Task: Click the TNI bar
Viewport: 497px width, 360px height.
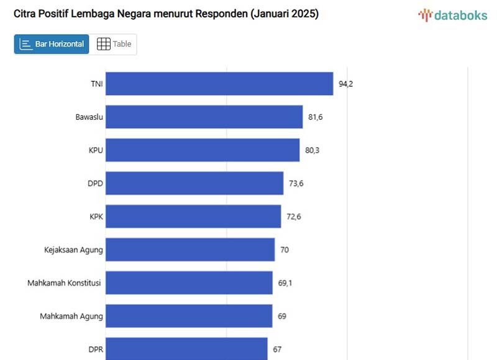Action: tap(219, 84)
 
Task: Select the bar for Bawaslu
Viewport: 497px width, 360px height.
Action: tap(204, 117)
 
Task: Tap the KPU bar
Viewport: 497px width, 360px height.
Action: tap(202, 150)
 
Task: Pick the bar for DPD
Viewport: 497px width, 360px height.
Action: tap(194, 183)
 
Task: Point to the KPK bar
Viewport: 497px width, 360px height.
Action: tap(193, 217)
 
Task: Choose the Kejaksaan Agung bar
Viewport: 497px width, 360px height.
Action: tap(189, 250)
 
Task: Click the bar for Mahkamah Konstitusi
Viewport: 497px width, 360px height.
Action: tap(189, 283)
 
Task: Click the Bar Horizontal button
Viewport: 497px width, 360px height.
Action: tap(52, 44)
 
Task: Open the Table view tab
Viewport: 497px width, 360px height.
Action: tap(114, 44)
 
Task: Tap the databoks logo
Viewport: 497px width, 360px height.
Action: tap(452, 16)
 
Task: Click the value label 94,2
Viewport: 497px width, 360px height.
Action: tap(345, 84)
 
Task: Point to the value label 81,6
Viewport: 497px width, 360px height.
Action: tap(315, 117)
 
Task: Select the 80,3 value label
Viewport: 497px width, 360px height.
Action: tap(313, 150)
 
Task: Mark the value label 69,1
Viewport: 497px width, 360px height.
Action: tap(285, 283)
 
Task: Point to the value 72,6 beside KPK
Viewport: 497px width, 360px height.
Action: tap(294, 217)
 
